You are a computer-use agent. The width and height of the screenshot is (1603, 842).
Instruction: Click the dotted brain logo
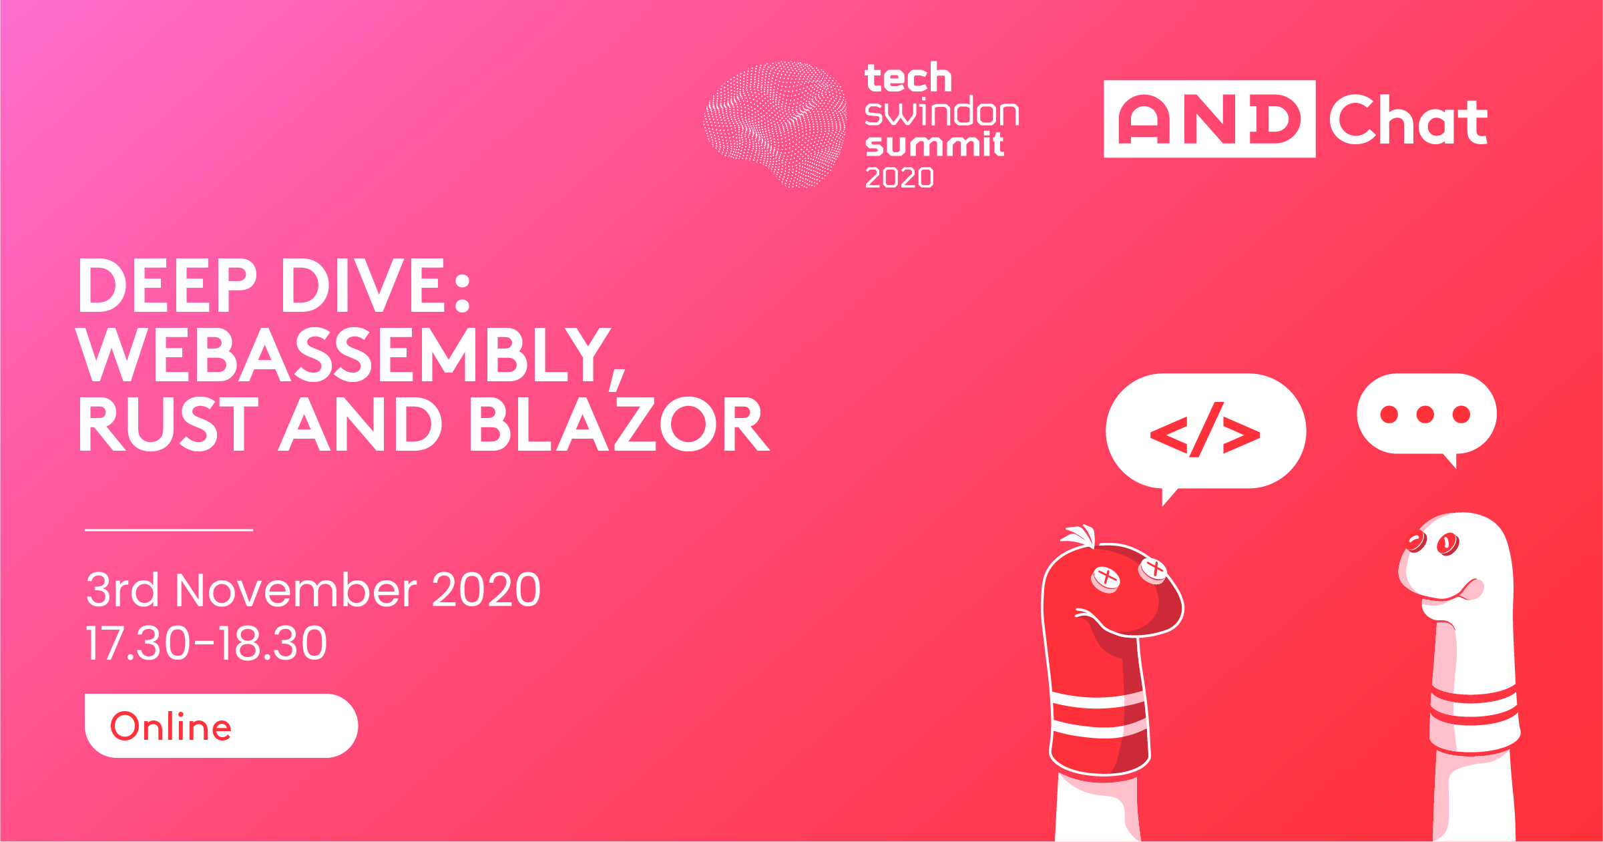point(775,124)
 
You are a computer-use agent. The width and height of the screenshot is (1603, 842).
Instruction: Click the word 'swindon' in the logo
point(942,113)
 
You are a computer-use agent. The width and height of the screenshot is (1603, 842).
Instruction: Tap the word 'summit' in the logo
point(934,144)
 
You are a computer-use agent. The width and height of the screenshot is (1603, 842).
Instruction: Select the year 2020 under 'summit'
point(899,178)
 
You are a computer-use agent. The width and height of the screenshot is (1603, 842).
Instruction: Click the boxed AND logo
point(1209,119)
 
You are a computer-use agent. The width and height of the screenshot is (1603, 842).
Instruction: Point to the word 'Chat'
point(1409,120)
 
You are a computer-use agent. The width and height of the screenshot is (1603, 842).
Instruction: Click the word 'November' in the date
point(296,590)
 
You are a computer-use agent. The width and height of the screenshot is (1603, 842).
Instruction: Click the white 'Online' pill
point(221,726)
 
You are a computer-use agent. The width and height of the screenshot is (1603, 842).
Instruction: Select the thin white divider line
point(169,530)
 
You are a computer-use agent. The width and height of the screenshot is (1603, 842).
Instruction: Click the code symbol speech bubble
point(1205,433)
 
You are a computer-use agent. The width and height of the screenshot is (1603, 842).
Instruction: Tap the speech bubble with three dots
point(1427,415)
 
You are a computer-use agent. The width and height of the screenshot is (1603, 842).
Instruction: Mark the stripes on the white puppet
point(1474,708)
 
